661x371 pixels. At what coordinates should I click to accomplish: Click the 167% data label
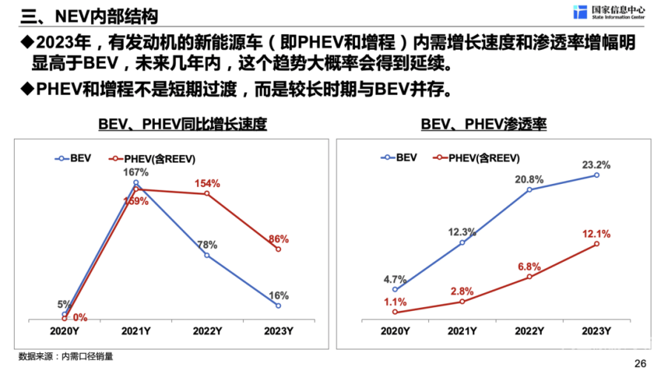tap(136, 172)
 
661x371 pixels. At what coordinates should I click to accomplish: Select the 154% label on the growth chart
tap(207, 183)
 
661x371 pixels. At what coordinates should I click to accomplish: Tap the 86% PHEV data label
tap(279, 239)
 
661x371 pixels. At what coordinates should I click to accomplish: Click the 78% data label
tap(207, 245)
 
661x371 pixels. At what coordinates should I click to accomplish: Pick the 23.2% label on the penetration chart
tap(597, 165)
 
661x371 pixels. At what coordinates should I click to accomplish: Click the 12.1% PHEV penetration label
tap(597, 234)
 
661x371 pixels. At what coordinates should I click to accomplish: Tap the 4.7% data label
tap(395, 279)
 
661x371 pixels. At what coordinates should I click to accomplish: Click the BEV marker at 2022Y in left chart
tap(207, 255)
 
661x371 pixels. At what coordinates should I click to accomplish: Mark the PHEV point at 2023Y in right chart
tap(597, 244)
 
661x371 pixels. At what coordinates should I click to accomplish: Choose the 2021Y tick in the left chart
tap(136, 329)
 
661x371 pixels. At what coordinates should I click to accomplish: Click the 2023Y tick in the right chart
tap(597, 329)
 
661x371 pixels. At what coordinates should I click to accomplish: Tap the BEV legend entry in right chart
tap(401, 157)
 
